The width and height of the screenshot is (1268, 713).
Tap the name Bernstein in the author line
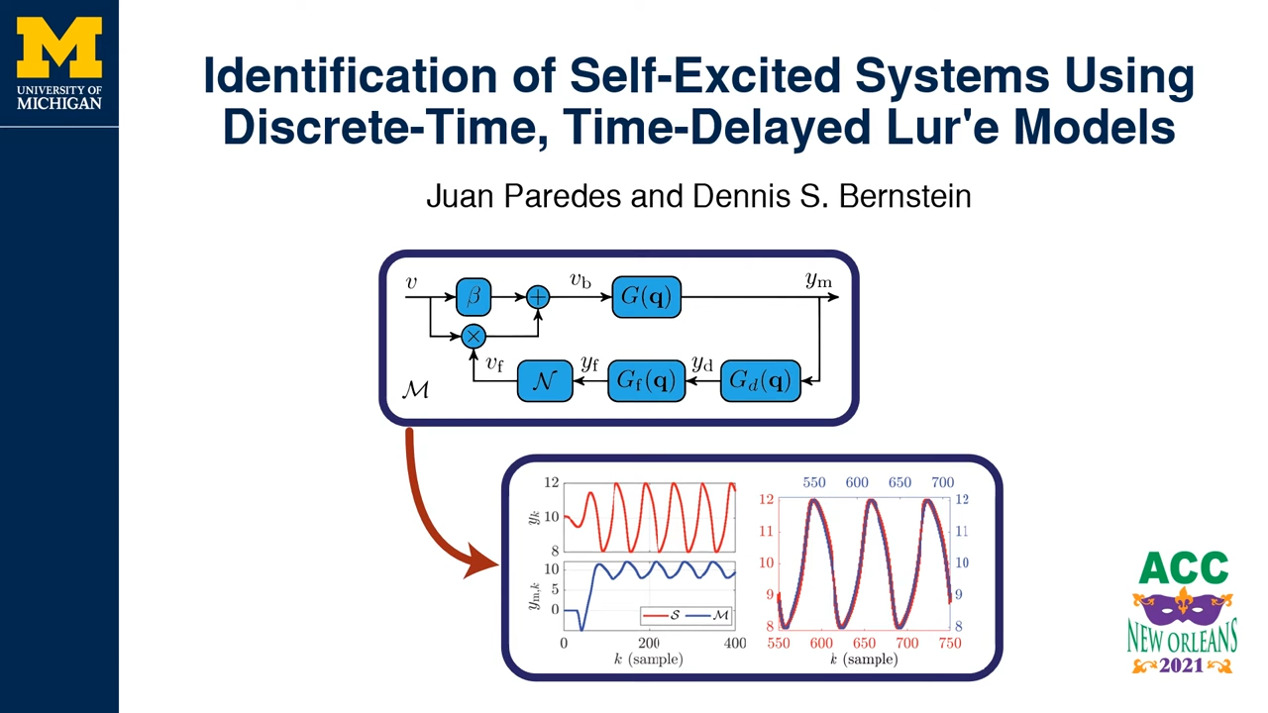coord(904,196)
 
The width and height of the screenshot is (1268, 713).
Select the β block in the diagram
coord(474,296)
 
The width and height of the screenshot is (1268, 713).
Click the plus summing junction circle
coord(538,297)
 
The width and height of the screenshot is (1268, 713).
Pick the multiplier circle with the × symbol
coord(474,336)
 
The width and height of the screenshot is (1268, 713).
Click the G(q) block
coord(647,296)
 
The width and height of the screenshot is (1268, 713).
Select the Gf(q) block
coord(647,380)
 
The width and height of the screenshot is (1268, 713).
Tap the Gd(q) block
coord(760,380)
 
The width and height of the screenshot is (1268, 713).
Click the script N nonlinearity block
coord(545,380)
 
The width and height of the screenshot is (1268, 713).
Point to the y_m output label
coord(818,279)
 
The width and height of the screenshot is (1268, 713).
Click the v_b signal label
coord(581,279)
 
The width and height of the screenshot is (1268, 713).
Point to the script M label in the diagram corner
coord(415,389)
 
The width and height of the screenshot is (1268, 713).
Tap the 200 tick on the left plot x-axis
coord(649,643)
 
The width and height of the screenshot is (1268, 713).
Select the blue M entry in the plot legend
coord(710,615)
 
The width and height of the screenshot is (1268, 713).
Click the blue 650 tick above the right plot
coord(899,482)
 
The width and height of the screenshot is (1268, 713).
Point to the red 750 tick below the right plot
coord(950,643)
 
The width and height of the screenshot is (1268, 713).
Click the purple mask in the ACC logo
coord(1183,605)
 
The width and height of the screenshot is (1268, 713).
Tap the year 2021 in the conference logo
coord(1182,665)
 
